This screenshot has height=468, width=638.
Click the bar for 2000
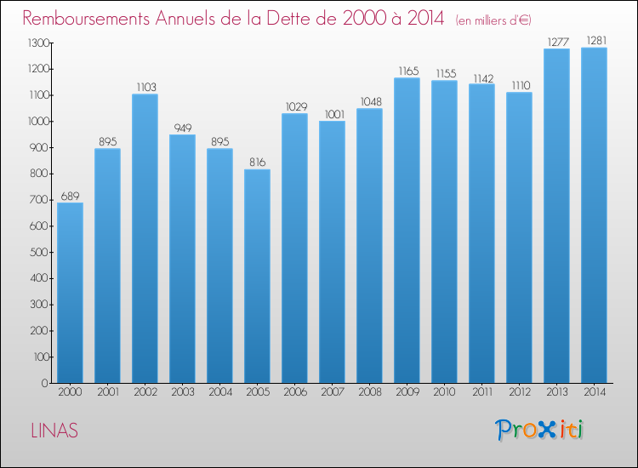[x=70, y=293]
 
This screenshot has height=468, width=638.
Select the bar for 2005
[x=257, y=276]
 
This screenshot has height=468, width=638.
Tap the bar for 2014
[x=594, y=214]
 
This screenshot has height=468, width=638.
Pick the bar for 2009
[x=407, y=230]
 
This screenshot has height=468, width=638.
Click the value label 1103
[x=145, y=87]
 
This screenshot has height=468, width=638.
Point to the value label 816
[x=257, y=162]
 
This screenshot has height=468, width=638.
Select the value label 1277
[x=556, y=41]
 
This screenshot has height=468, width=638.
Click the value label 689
[x=70, y=195]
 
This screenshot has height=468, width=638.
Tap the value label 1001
[x=332, y=113]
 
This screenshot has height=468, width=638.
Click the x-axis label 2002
[x=145, y=392]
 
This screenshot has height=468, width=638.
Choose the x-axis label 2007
[x=332, y=392]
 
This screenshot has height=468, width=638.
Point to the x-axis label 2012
[x=519, y=392]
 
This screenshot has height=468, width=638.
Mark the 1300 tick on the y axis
[x=37, y=43]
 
